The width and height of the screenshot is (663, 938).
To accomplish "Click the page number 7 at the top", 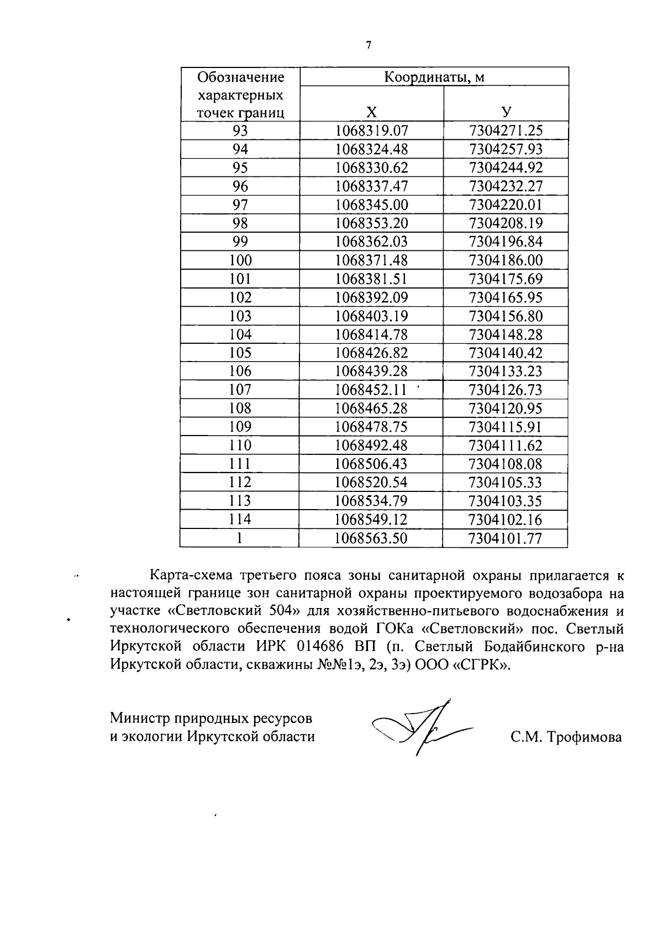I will point(368,45).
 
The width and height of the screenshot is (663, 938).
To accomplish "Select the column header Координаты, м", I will point(434,76).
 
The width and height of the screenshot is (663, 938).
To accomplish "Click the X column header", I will point(372,112).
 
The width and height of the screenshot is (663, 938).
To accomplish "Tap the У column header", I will point(506,112).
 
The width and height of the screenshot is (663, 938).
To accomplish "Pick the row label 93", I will point(240,131).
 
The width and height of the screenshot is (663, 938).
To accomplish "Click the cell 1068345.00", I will point(372,205).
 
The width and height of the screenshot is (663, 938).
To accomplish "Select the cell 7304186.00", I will point(506,260).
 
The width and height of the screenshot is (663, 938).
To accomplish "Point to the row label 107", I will point(240,390).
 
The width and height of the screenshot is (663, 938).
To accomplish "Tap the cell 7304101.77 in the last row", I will point(506,538).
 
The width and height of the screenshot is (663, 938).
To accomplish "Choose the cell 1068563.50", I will point(372,538).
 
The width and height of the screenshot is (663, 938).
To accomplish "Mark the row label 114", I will point(240,520).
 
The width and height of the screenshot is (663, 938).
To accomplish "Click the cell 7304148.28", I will point(506,334).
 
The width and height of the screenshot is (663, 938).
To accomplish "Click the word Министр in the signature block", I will point(140,719).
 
